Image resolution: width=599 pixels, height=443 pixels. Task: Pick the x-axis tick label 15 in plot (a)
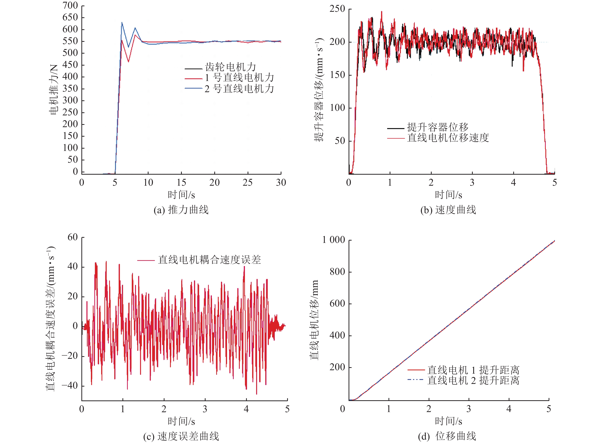(x=181, y=183)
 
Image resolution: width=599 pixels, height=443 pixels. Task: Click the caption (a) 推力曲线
(x=181, y=210)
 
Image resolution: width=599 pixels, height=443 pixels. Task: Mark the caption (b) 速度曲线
(x=448, y=210)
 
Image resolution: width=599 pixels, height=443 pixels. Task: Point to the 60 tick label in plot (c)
(x=73, y=237)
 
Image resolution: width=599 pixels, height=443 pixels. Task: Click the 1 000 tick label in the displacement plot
(x=333, y=239)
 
